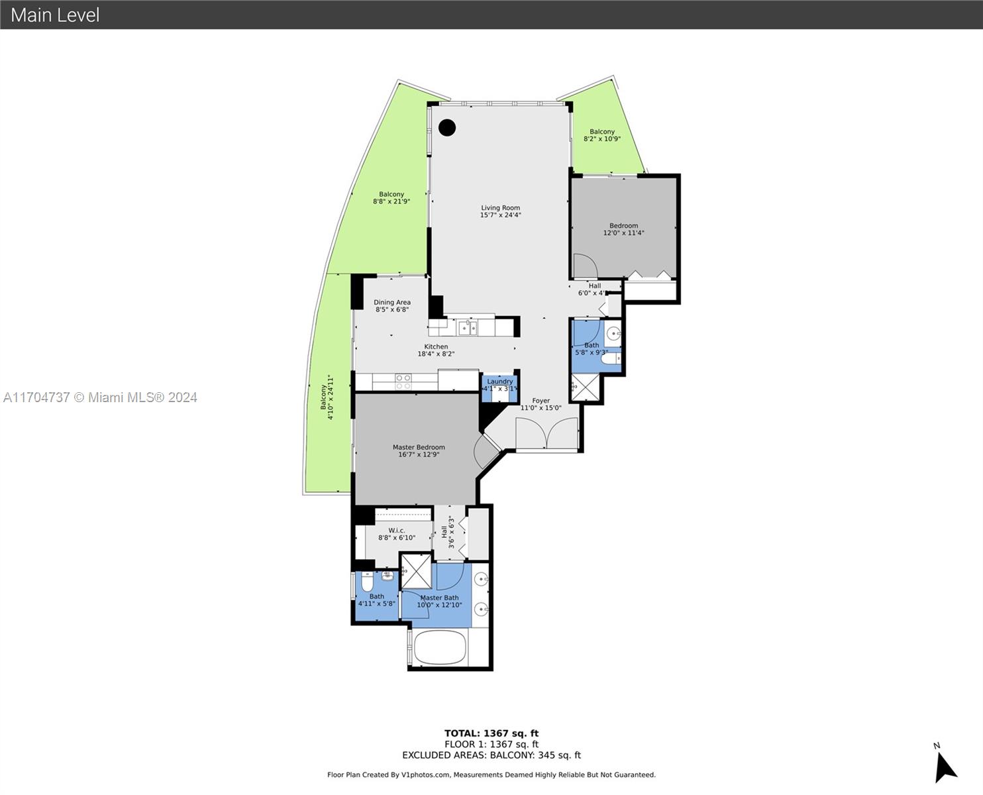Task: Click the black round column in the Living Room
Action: (446, 128)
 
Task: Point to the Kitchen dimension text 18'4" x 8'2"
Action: (436, 354)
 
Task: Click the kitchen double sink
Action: (467, 327)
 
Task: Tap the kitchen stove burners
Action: (403, 382)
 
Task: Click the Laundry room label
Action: (500, 382)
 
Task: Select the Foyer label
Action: (541, 401)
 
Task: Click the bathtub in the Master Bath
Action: (440, 647)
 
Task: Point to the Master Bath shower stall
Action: (416, 572)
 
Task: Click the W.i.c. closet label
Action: (396, 531)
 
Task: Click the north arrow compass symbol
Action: (946, 768)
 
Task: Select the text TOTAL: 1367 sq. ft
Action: (491, 733)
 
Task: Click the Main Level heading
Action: (55, 15)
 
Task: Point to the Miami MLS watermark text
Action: (99, 397)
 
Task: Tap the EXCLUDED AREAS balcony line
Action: (491, 755)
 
